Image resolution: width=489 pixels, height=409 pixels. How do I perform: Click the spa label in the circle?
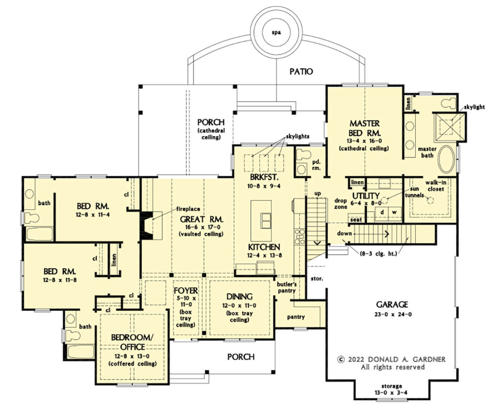pos(276,33)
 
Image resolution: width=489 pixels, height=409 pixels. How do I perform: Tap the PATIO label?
pos(301,72)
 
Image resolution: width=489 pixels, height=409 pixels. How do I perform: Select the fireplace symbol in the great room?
pos(147,226)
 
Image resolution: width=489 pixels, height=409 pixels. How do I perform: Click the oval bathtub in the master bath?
pos(446,160)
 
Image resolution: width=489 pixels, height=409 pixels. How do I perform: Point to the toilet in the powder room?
pos(304,155)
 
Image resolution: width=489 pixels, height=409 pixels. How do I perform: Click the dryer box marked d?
pos(382,212)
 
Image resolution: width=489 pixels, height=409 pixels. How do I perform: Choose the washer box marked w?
pos(395,212)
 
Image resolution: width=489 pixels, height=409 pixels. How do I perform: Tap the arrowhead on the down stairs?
pos(387,234)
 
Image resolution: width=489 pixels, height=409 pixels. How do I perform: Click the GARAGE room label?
pos(392,304)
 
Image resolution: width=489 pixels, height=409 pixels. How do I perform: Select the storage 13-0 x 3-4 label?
pos(391,389)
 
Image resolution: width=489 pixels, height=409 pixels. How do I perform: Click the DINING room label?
pos(239,297)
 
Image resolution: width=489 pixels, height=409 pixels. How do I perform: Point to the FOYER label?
pos(186,291)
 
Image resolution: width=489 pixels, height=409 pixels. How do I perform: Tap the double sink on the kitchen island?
pos(266,221)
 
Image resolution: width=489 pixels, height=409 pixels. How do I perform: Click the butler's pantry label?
pos(286,287)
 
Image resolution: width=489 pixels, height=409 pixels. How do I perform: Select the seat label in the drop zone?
pos(356,220)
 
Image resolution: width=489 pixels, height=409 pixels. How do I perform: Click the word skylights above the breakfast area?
pos(297,136)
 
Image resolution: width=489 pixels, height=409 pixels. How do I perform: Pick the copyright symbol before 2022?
pos(341,359)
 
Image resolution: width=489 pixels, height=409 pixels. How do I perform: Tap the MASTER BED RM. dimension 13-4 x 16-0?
pos(364,141)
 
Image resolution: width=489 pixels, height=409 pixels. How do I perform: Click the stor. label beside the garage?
pos(317,278)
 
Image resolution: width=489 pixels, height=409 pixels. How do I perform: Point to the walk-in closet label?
pos(436,186)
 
